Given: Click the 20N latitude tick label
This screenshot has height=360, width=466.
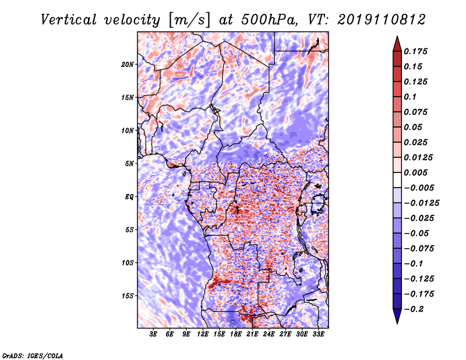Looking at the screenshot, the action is click(x=127, y=65).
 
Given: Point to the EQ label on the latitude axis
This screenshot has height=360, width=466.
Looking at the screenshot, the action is click(x=129, y=197).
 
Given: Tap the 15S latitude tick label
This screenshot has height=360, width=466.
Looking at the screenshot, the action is click(x=128, y=296).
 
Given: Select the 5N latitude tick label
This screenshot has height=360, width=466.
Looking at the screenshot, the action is click(x=129, y=164).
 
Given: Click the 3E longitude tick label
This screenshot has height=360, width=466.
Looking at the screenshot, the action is click(x=153, y=334).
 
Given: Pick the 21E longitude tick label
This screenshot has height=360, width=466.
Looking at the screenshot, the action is click(x=252, y=334).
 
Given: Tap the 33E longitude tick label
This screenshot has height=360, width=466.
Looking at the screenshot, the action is click(x=318, y=334).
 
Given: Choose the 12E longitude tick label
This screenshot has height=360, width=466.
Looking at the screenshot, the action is click(x=203, y=334).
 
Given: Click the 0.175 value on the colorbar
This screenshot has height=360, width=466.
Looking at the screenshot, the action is click(x=415, y=51).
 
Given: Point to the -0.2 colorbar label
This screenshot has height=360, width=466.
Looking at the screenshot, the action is click(x=414, y=309).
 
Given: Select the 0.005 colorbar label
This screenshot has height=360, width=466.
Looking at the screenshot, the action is click(x=415, y=172).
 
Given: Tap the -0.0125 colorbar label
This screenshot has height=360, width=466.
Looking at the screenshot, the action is click(x=421, y=203).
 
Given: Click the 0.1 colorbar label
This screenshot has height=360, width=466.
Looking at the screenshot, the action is click(x=410, y=97).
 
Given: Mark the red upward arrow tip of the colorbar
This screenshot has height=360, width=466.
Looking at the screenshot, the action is click(x=397, y=37).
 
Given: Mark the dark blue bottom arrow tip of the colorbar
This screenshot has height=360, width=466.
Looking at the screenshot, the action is click(x=397, y=323).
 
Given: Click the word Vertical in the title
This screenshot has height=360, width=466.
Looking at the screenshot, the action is click(x=69, y=20).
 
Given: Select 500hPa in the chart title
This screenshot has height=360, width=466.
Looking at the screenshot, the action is click(x=269, y=20).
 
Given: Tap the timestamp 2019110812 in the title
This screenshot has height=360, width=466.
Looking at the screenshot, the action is click(x=382, y=20).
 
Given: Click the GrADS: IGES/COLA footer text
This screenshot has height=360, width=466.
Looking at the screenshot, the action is click(x=33, y=356).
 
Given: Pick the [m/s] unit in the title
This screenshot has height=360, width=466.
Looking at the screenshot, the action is click(x=189, y=20).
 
